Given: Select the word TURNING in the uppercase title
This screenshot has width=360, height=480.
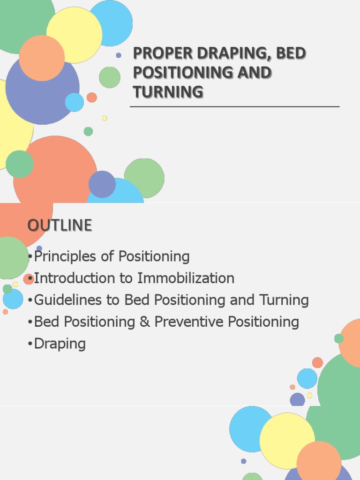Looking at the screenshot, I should pyautogui.click(x=168, y=91).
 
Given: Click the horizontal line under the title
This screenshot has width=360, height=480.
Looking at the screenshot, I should pyautogui.click(x=234, y=107).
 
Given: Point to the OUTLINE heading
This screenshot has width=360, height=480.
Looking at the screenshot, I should pyautogui.click(x=60, y=225).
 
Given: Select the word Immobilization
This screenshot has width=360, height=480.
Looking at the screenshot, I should pyautogui.click(x=186, y=278).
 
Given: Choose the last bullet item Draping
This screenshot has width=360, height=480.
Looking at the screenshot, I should pyautogui.click(x=60, y=344).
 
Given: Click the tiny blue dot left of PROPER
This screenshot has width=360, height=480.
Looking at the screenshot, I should pyautogui.click(x=119, y=55).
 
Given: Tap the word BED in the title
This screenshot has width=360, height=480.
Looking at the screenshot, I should pyautogui.click(x=290, y=53).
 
